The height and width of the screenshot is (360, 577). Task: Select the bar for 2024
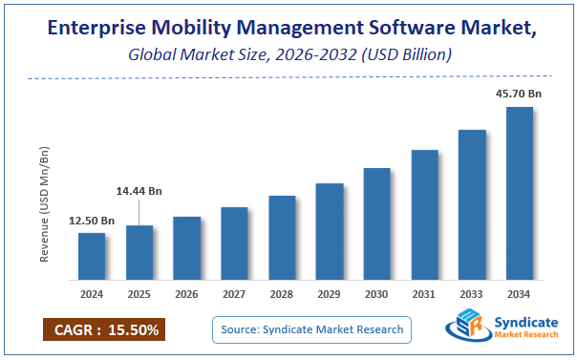(x=92, y=256)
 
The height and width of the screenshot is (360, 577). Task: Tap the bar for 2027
(x=234, y=244)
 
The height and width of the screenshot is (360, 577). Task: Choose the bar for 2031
(x=424, y=215)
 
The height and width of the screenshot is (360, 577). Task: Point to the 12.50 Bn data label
(x=92, y=222)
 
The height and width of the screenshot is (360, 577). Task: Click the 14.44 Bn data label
(x=139, y=191)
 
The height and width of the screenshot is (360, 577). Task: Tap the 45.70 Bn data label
(x=519, y=95)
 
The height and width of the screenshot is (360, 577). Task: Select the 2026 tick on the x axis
(x=187, y=295)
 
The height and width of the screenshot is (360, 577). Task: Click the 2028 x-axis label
(x=282, y=295)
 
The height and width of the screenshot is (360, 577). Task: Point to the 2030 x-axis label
(x=376, y=295)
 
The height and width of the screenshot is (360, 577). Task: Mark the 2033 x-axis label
(x=472, y=295)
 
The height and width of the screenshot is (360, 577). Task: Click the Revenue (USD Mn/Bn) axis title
(x=44, y=203)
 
